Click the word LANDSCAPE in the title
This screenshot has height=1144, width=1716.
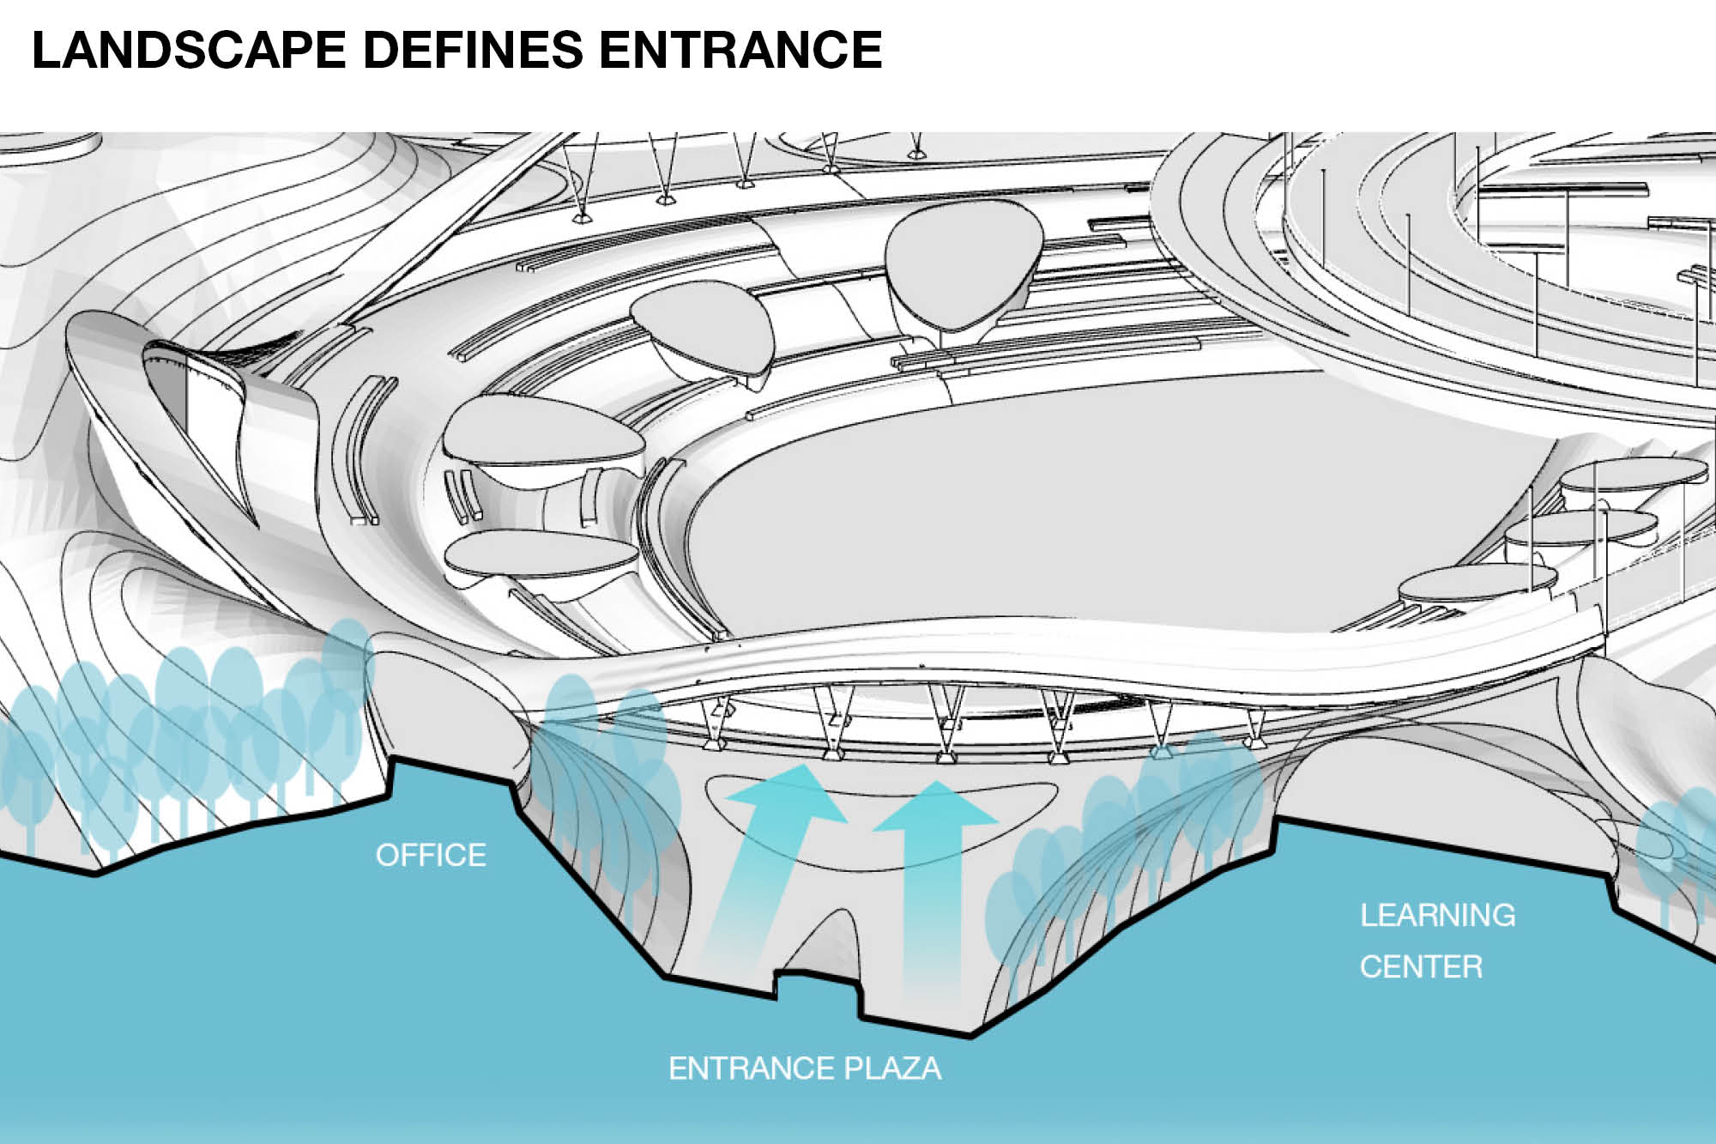[x=189, y=50]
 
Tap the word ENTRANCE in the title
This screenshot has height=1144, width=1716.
[x=740, y=50]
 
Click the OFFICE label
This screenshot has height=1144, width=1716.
[x=431, y=855]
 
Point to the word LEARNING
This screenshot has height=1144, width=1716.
[x=1437, y=915]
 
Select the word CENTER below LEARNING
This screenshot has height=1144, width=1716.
[x=1421, y=967]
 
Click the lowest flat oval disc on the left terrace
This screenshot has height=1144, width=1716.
[x=541, y=554]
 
